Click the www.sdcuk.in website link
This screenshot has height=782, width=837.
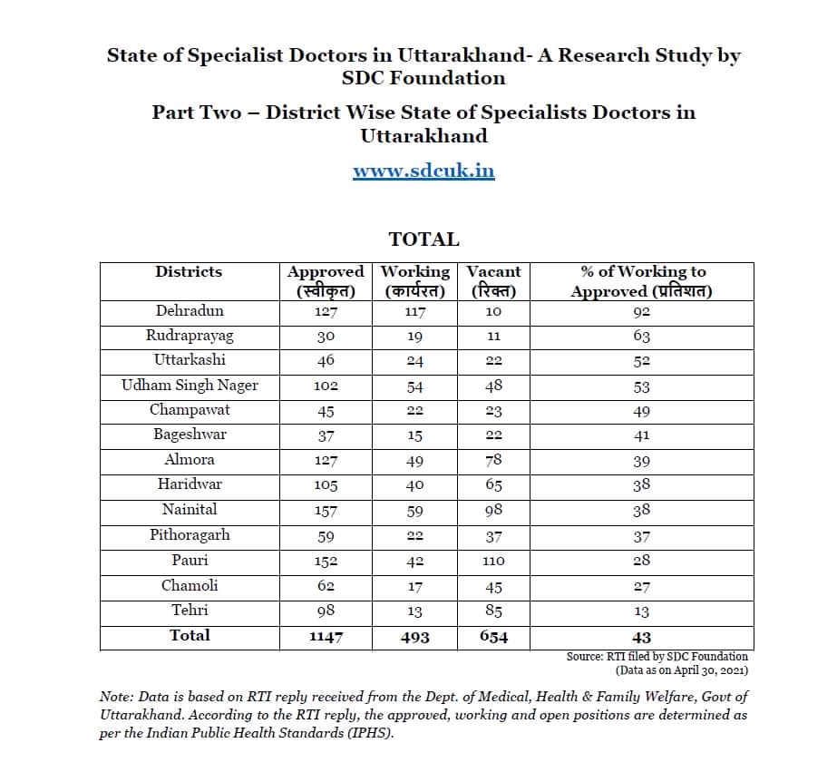coord(423,171)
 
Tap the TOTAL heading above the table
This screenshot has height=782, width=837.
coord(423,239)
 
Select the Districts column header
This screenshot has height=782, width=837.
coord(189,271)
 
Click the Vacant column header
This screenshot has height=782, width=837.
coord(493,271)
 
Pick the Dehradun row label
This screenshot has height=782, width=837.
coord(189,311)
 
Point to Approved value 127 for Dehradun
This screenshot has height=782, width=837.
coord(326,312)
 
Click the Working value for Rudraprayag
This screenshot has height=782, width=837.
coord(414,337)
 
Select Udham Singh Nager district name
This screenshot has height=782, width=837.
coord(190,386)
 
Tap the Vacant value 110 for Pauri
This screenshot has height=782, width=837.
coord(493,561)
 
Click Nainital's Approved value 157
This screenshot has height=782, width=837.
coord(326,511)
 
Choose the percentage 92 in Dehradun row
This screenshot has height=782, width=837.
coord(641,312)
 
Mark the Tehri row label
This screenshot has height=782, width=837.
coord(190,611)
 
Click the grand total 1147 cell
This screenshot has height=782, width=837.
coord(326,637)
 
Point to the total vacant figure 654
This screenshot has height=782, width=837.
coord(493,637)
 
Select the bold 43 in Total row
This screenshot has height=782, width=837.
coord(641,637)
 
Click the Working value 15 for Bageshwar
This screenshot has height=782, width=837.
coord(414,435)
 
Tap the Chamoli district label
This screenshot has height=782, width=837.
coord(190,586)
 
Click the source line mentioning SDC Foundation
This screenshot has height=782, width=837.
coord(657,656)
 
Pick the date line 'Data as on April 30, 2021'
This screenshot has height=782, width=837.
coord(681,670)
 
